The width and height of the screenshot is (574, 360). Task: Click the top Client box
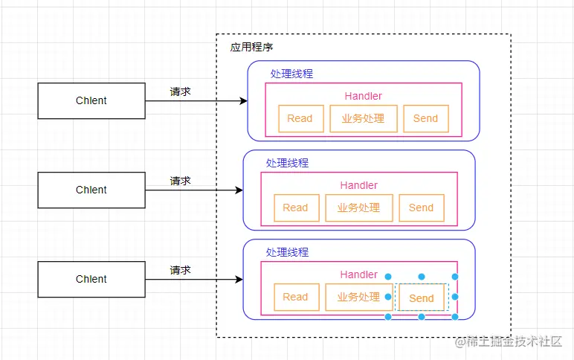coord(91,100)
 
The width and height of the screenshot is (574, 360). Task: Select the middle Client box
coord(91,190)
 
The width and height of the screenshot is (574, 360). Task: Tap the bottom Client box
coord(91,279)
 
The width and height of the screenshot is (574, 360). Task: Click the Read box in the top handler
coord(300,118)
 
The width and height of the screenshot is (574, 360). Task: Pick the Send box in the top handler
coord(425,118)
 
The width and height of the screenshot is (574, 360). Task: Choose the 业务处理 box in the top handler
coord(364,118)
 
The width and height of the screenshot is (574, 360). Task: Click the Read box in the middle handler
coord(295,208)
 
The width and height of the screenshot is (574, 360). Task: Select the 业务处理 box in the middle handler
coord(359,208)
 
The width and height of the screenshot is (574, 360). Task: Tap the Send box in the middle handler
coord(421,208)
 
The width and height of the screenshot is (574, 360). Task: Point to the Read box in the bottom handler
coord(295,297)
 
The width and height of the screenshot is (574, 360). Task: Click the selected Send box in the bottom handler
coord(421,298)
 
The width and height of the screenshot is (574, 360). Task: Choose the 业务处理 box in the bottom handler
coord(359,297)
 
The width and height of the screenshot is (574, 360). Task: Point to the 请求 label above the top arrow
coord(180,91)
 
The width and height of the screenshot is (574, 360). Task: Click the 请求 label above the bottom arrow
coord(180,270)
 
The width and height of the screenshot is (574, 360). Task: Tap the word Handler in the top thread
coord(364,96)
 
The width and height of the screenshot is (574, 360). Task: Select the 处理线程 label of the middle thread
coord(287,163)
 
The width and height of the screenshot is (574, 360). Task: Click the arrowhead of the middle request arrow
coord(239,190)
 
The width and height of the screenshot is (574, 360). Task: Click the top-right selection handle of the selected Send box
coord(455,277)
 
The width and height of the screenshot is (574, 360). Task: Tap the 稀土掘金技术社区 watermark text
coord(514,341)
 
